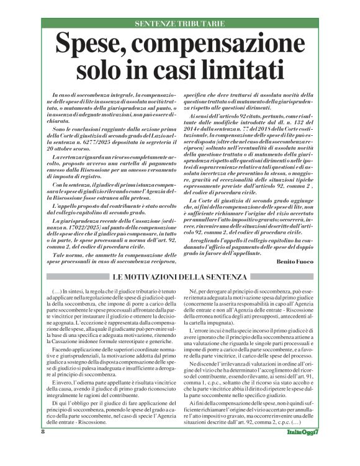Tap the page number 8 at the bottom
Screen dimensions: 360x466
pyautogui.click(x=25, y=448)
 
